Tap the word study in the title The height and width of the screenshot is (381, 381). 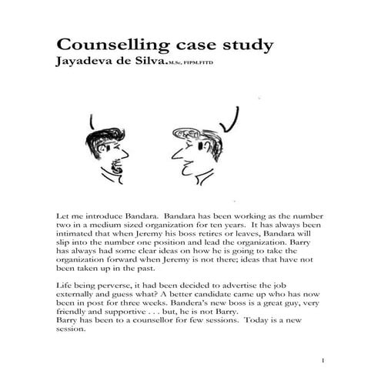(244, 44)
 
